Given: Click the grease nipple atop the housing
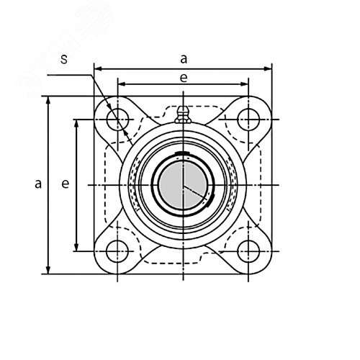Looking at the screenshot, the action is tap(183, 114).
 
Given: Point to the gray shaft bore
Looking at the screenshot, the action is tap(183, 185).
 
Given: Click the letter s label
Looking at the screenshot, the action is tap(64, 59).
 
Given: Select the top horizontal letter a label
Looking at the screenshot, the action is tap(184, 59).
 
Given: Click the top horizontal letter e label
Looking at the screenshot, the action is tap(184, 78).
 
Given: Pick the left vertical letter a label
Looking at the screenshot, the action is tap(38, 184).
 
